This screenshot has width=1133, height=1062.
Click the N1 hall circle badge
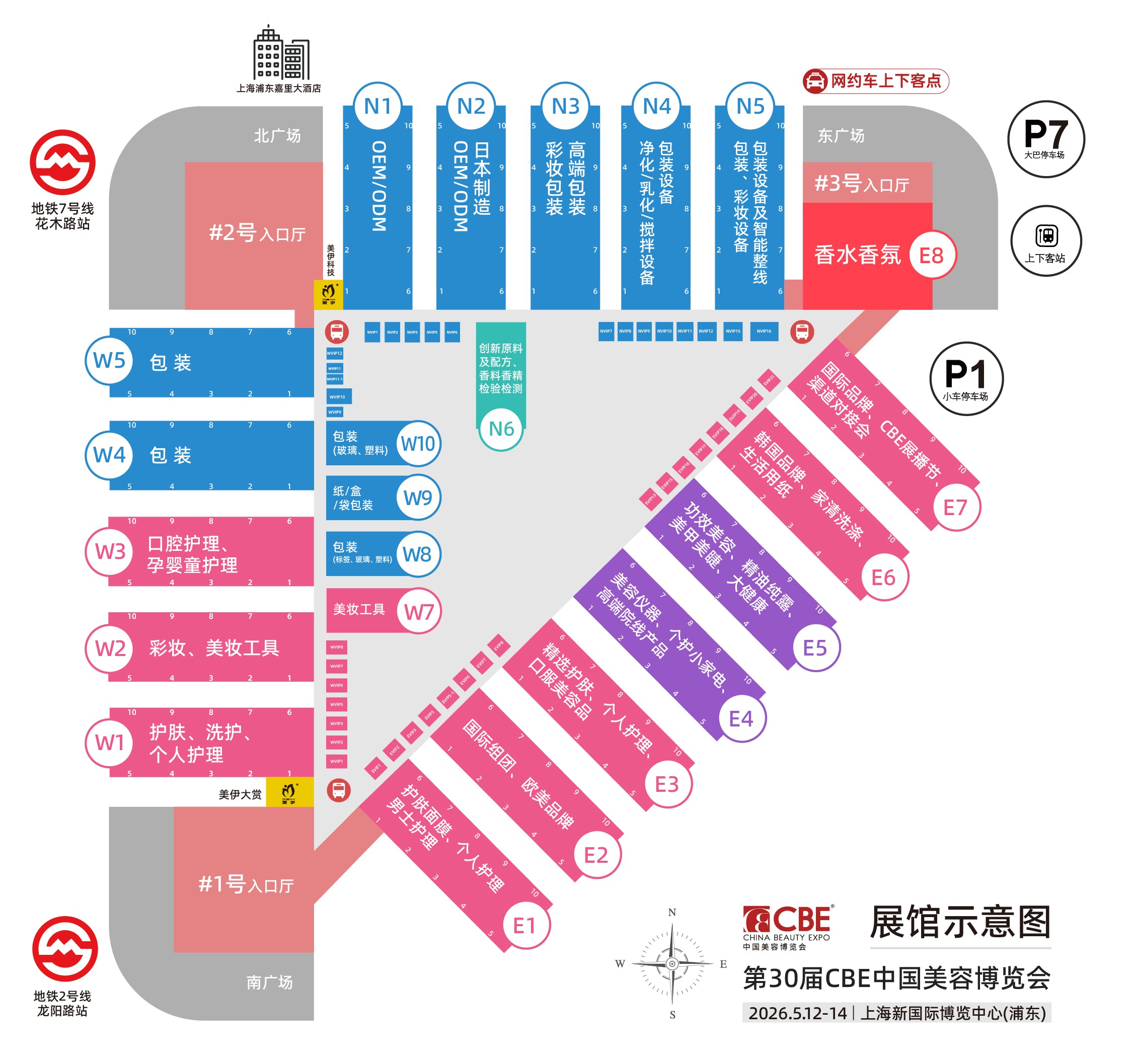point(377,107)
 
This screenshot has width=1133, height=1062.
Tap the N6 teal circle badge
point(501,429)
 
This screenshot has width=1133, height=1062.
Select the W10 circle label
point(418,443)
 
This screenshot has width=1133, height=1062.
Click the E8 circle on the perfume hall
point(931,255)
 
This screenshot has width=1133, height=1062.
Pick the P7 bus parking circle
point(1045,139)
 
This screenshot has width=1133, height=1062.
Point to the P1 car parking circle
point(965,378)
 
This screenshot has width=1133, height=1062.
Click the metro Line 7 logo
point(63,162)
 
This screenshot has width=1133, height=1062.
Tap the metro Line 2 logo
point(65,949)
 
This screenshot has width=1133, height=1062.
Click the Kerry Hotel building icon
point(281,54)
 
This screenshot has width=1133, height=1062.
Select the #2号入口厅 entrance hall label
point(257,233)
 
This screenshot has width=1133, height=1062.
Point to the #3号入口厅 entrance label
point(862,184)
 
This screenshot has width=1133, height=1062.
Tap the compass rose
point(672,963)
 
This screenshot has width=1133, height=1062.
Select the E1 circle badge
point(524,926)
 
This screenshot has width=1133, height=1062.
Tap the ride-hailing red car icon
point(815,81)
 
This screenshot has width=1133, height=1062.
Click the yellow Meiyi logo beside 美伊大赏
point(289,792)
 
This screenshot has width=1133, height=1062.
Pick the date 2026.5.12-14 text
point(797,1013)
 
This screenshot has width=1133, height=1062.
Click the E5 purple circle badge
point(814,648)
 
